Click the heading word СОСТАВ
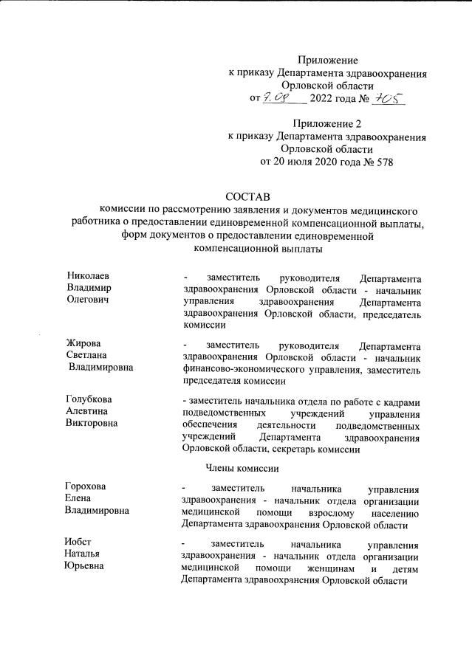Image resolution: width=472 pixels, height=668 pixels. [247, 196]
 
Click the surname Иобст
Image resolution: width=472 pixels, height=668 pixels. [79, 541]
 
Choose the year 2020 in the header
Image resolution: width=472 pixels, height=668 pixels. [325, 161]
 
